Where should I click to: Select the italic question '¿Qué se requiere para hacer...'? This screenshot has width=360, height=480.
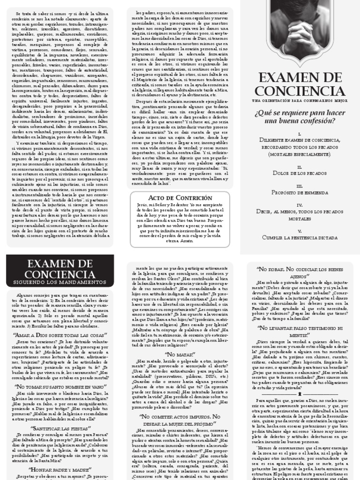300,117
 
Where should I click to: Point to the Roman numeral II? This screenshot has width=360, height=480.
300,166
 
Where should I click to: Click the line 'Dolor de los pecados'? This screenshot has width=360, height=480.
300,173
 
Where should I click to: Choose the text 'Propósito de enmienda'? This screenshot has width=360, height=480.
300,193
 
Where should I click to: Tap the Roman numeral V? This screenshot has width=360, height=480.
300,231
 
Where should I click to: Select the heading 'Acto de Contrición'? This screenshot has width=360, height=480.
180,198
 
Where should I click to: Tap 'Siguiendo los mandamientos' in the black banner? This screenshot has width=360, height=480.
60,282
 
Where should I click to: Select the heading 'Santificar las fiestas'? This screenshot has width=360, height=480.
60,428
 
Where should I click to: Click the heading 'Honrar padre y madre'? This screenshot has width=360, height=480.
60,469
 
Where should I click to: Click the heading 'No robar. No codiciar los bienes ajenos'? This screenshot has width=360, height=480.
300,272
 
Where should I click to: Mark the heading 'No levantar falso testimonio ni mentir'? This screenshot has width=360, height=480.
300,332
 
